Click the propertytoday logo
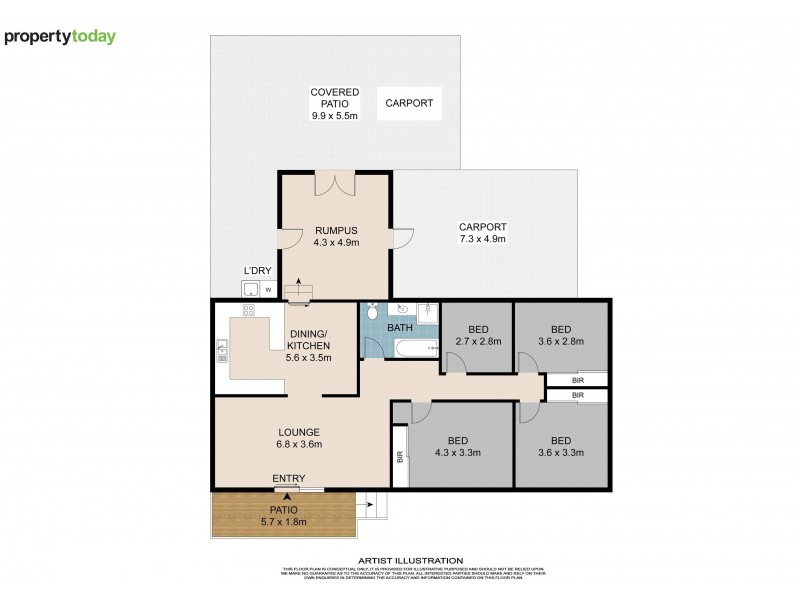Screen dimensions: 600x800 pos(60,37)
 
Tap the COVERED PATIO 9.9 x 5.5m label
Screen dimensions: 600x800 pos(335,104)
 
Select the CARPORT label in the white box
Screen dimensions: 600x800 pos(410,103)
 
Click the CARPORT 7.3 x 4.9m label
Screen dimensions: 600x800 pos(483,232)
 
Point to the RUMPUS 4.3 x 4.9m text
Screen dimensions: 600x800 pos(336,235)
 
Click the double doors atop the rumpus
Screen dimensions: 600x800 pos(336,184)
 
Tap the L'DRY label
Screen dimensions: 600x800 pos(258,272)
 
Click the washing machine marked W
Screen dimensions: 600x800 pos(268,290)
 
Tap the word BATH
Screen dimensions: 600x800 pos(400,327)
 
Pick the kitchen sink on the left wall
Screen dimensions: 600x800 pos(222,351)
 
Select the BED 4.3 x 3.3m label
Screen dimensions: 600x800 pos(459,446)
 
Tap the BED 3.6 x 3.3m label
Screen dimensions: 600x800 pos(560,446)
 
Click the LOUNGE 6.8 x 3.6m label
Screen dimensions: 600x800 pos(299,438)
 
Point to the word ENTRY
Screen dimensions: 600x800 pos(289,479)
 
